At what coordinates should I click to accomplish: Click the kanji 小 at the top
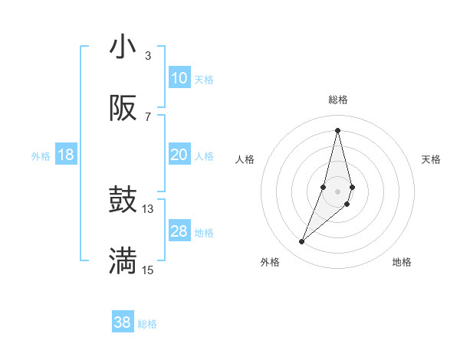click(123, 47)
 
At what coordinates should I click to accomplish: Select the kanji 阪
click(123, 109)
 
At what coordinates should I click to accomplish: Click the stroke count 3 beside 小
click(147, 56)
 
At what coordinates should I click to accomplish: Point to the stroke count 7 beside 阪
click(147, 116)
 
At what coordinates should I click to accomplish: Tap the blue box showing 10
click(179, 78)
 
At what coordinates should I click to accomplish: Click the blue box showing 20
click(179, 155)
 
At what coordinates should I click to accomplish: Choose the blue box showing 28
click(179, 231)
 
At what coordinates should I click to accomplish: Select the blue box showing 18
click(66, 155)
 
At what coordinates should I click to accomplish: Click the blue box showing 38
click(123, 322)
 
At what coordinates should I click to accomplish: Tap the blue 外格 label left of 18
click(41, 156)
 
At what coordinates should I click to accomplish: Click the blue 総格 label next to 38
click(147, 324)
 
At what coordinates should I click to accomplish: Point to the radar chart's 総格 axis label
click(338, 100)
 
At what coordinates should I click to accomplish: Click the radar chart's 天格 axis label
click(432, 159)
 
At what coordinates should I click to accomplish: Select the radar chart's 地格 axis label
click(402, 262)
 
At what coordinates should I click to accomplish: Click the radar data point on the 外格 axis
click(302, 242)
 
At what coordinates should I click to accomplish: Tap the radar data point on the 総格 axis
click(338, 130)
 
